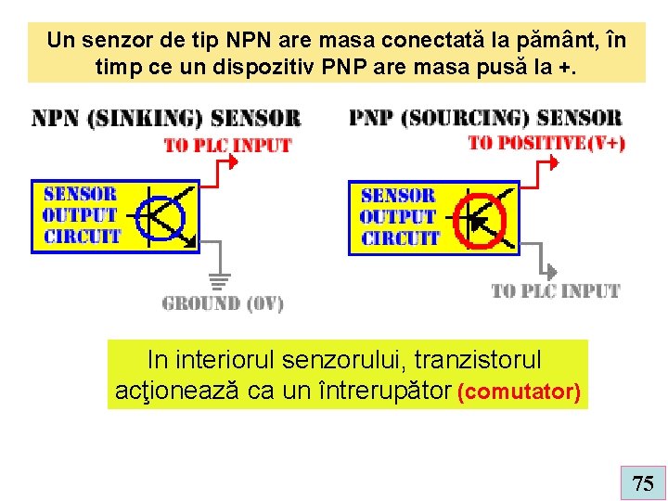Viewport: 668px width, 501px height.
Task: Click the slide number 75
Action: pos(643,482)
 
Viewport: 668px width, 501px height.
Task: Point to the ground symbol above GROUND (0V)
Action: pos(219,279)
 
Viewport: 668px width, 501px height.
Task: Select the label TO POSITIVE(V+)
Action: pos(546,142)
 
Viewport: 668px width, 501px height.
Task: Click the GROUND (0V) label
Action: pos(223,303)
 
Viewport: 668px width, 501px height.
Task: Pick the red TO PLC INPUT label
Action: pos(227,146)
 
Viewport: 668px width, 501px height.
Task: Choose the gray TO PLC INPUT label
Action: pos(555,291)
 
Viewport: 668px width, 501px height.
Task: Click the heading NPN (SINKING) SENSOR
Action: pos(167,119)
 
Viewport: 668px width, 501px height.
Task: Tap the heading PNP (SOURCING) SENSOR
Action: pos(485,118)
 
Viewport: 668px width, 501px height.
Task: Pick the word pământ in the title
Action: pos(533,41)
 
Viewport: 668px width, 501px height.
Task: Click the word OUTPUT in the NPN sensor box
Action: pos(82,215)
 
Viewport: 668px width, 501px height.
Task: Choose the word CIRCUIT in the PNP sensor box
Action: pos(400,238)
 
